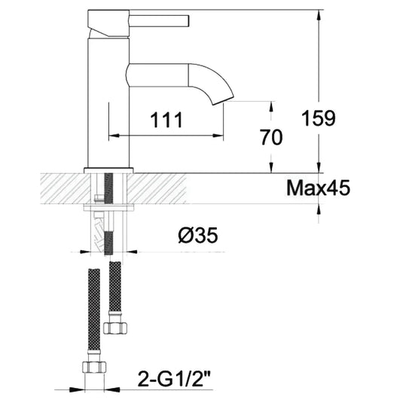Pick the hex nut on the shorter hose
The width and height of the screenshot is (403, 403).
[115, 326]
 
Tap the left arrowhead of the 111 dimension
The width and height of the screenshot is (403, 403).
[113, 136]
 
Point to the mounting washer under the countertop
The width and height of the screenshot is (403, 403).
[110, 204]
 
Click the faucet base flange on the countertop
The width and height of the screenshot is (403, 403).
[110, 169]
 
